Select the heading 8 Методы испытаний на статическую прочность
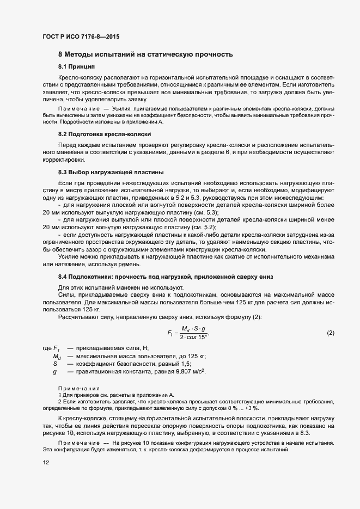(x=145, y=54)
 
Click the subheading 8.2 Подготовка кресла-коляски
(x=104, y=134)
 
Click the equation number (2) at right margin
(x=330, y=333)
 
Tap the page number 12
(x=45, y=463)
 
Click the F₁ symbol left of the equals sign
(x=170, y=333)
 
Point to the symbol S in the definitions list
(x=55, y=364)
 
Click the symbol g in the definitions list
(x=55, y=371)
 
